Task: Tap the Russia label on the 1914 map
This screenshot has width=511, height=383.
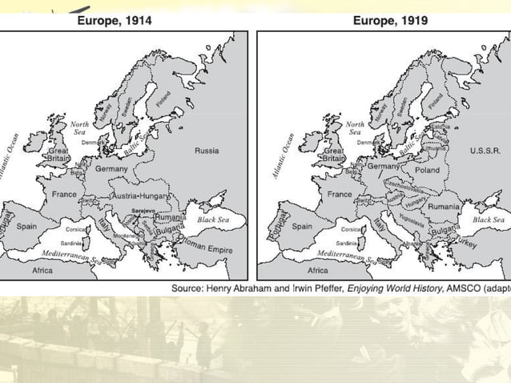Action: [x=206, y=150]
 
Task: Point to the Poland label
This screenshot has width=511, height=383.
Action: [x=427, y=171]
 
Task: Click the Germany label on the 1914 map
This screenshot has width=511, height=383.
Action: [x=111, y=169]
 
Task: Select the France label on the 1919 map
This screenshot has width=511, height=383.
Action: [x=340, y=195]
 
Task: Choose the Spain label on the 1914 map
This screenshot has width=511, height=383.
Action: [x=26, y=227]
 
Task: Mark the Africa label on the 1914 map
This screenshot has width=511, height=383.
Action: [x=42, y=271]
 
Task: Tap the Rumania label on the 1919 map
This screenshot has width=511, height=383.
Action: [x=443, y=207]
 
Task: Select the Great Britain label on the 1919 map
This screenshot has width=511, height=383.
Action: [x=333, y=155]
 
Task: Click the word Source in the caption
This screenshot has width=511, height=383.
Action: [x=190, y=286]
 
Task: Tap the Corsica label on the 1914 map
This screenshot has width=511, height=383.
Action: [x=76, y=229]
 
